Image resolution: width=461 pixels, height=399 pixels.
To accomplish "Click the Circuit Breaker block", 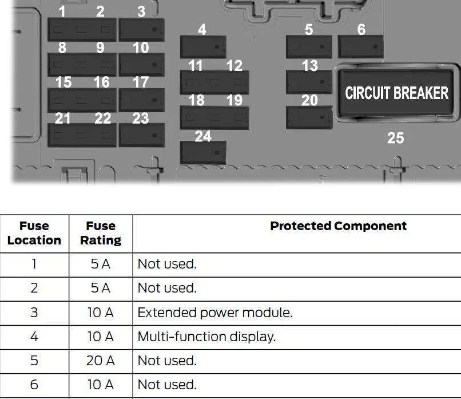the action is (x=396, y=93).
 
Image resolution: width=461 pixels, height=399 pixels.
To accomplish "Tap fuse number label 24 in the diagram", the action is (x=203, y=136).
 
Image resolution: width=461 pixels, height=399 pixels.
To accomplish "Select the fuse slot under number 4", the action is (x=203, y=47).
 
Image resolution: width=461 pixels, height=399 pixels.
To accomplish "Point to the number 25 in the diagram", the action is (x=395, y=138).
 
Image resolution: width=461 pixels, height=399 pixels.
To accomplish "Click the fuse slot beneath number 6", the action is (x=361, y=46).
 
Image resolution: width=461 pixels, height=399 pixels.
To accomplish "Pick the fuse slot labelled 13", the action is (x=309, y=82).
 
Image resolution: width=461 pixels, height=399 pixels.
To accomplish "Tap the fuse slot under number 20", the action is (x=309, y=117).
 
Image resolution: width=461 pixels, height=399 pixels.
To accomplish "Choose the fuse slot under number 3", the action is (x=142, y=30).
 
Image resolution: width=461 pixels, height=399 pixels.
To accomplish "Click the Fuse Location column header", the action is (x=34, y=233).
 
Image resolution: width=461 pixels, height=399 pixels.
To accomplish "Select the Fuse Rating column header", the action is (x=101, y=233).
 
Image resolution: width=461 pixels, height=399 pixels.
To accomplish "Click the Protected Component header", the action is (x=338, y=226).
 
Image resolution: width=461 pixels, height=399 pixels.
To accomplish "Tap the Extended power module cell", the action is (x=215, y=313).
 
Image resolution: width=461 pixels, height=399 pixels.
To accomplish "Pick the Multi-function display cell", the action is (x=206, y=337).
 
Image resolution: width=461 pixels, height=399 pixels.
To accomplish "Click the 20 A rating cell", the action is (x=101, y=361).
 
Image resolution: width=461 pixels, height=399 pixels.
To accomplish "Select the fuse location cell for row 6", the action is (x=34, y=385).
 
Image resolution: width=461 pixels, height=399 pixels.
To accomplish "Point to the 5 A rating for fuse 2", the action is (x=101, y=288).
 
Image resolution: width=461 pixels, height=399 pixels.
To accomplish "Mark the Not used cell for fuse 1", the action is (x=166, y=264).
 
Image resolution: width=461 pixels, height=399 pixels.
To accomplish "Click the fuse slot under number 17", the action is (x=142, y=100).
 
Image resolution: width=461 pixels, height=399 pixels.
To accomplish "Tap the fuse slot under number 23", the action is (x=142, y=135).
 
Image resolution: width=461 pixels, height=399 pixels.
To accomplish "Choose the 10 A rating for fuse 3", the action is (x=101, y=313).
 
